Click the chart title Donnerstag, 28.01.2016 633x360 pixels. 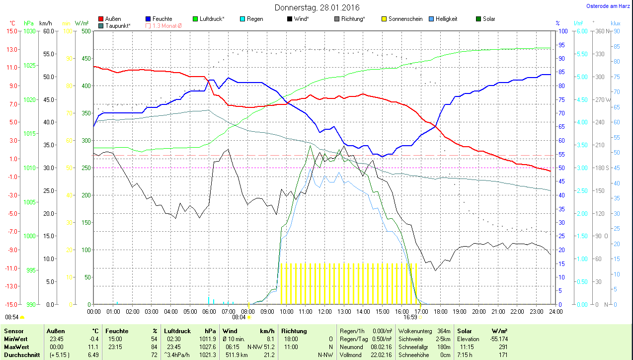(x=316, y=7)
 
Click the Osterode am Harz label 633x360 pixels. (x=608, y=6)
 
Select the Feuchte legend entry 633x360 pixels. (x=162, y=19)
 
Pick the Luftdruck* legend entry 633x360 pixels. (x=212, y=19)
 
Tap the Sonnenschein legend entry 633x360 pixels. (x=405, y=19)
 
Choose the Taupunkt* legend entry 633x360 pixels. (x=118, y=25)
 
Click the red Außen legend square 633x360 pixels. (x=101, y=19)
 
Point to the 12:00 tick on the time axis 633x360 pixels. (x=324, y=311)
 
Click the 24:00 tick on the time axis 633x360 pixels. (x=555, y=311)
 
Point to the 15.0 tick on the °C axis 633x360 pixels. (x=11, y=31)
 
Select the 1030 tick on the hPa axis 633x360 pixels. (x=30, y=31)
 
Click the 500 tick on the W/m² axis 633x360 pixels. (x=85, y=31)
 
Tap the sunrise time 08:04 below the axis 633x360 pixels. (x=239, y=317)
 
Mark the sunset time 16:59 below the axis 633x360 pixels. (x=410, y=317)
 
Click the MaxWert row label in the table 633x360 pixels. (x=16, y=347)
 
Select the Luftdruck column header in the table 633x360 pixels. (x=177, y=331)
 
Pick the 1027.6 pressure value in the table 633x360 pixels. (x=208, y=347)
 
